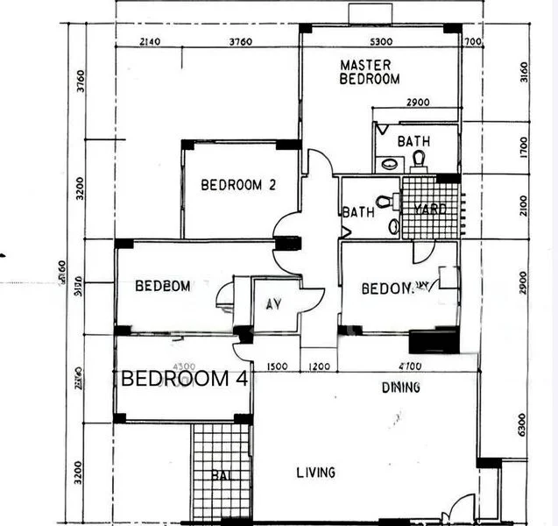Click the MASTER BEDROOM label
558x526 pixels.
pos(370,72)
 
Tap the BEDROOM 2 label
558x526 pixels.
pos(238,185)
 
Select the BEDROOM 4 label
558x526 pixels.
pos(185,380)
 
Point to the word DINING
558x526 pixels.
pos(376,387)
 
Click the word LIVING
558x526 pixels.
pos(315,473)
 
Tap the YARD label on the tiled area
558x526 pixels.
pos(430,210)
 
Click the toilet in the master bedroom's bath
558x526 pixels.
pos(419,159)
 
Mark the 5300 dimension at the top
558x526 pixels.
pos(380,42)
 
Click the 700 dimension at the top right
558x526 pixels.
pos(474,42)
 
